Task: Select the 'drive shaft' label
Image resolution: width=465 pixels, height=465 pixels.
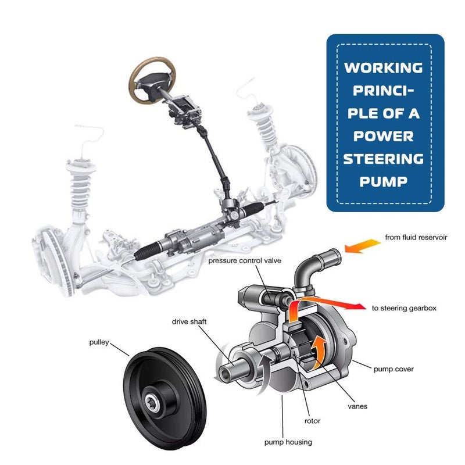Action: [x=189, y=321]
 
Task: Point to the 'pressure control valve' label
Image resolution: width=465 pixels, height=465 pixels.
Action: [x=245, y=261]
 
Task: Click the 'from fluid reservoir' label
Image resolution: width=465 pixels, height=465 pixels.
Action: [x=416, y=237]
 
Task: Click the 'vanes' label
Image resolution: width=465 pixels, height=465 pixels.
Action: [x=357, y=406]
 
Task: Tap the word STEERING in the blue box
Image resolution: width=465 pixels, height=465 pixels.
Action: [x=383, y=159]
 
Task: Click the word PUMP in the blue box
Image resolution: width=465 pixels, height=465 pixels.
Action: [x=382, y=181]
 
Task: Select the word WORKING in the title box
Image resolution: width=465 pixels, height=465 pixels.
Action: [x=383, y=68]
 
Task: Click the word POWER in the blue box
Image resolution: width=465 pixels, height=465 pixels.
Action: [x=383, y=136]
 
